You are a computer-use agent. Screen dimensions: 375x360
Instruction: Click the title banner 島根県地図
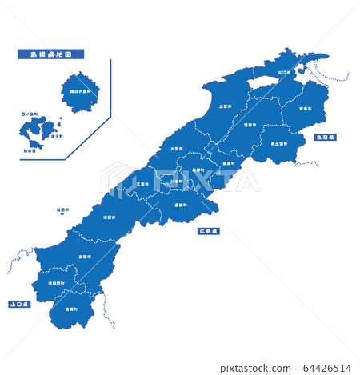[50, 54]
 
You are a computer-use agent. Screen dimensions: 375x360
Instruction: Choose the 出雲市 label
[225, 105]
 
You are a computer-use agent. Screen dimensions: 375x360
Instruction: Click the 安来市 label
[305, 108]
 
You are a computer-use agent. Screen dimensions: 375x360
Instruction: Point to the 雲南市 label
[250, 125]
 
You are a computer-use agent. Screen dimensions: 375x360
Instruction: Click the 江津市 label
[142, 184]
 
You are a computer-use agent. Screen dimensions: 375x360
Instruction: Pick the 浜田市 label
[108, 217]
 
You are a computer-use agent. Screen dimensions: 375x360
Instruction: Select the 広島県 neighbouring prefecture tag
[209, 231]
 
